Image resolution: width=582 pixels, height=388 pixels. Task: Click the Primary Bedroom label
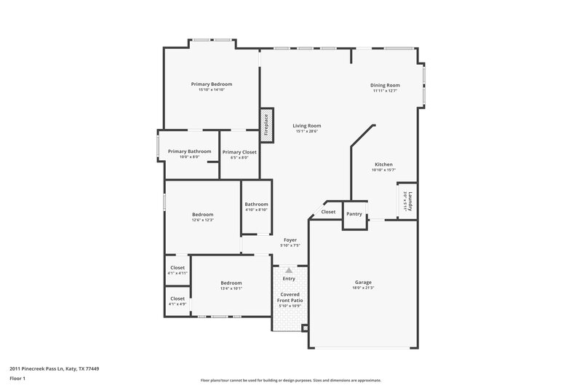(211, 84)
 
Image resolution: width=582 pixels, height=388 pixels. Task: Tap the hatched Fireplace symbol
(266, 125)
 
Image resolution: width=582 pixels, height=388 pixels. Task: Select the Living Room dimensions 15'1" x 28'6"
(308, 131)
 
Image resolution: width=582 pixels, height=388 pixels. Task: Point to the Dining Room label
(386, 85)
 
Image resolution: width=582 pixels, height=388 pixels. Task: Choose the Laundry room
(407, 200)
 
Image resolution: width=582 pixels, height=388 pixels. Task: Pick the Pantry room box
(354, 215)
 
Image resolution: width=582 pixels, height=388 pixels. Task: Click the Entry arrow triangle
(289, 270)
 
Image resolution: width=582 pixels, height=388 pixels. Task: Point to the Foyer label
(290, 239)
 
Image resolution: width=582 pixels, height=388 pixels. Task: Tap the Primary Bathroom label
(189, 151)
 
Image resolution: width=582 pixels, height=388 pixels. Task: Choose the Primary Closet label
(239, 152)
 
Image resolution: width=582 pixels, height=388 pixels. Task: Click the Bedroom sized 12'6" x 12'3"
(202, 214)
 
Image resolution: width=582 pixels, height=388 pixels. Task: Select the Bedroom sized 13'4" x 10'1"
(231, 282)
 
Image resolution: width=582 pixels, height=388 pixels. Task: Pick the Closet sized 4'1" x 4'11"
(178, 267)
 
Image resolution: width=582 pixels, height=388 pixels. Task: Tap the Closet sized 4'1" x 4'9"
(178, 298)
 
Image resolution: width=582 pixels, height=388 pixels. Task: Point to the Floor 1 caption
(17, 379)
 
